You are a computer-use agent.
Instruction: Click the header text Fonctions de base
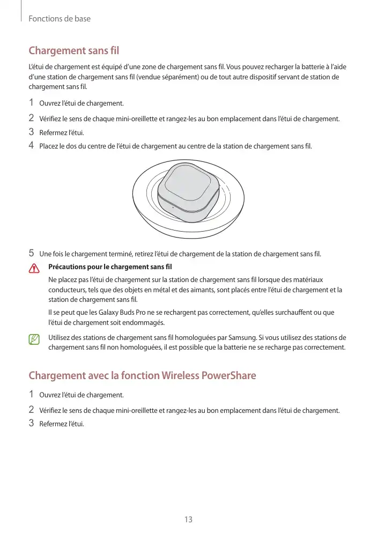60,19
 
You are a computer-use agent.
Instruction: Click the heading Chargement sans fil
73,51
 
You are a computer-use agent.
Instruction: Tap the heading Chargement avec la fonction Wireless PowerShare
142,375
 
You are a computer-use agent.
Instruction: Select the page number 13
188,519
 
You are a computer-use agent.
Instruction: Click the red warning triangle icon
34,268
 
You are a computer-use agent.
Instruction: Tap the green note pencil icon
34,339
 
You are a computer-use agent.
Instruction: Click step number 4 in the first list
31,145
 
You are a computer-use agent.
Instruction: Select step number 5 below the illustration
31,253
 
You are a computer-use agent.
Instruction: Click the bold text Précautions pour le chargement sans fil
109,266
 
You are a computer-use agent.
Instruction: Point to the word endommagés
146,322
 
